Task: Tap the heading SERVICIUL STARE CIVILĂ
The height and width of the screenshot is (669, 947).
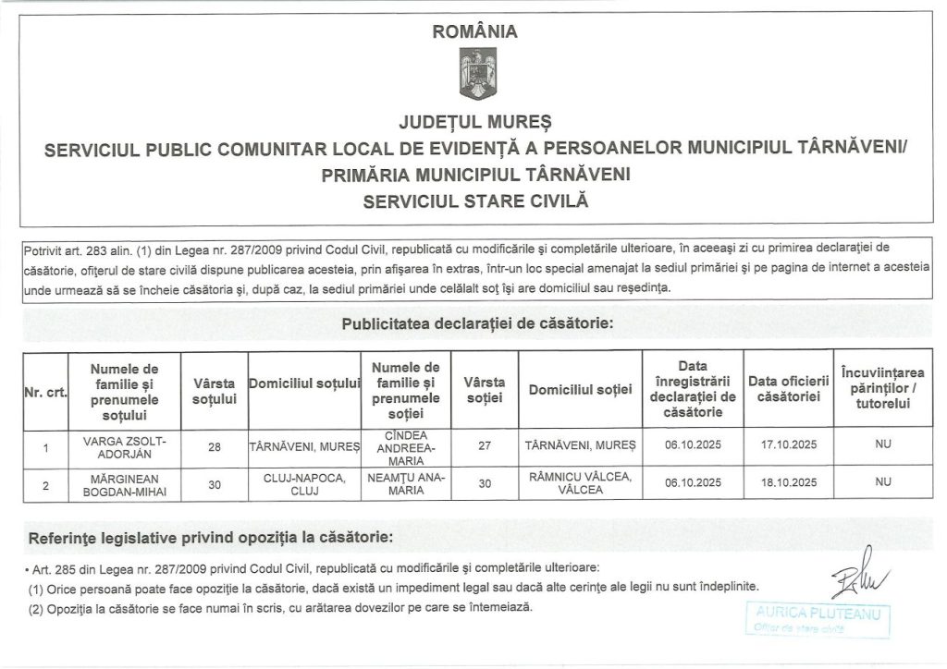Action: (x=474, y=200)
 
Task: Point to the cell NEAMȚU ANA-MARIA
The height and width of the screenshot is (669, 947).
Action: (x=407, y=483)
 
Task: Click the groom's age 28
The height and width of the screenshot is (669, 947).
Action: (x=215, y=446)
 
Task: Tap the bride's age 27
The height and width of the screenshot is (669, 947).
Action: (x=484, y=445)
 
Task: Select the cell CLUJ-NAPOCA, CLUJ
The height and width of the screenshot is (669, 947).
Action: (x=304, y=483)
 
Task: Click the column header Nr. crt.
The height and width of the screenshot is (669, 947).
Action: (x=43, y=392)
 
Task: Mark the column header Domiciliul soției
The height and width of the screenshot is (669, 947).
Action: (x=580, y=390)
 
